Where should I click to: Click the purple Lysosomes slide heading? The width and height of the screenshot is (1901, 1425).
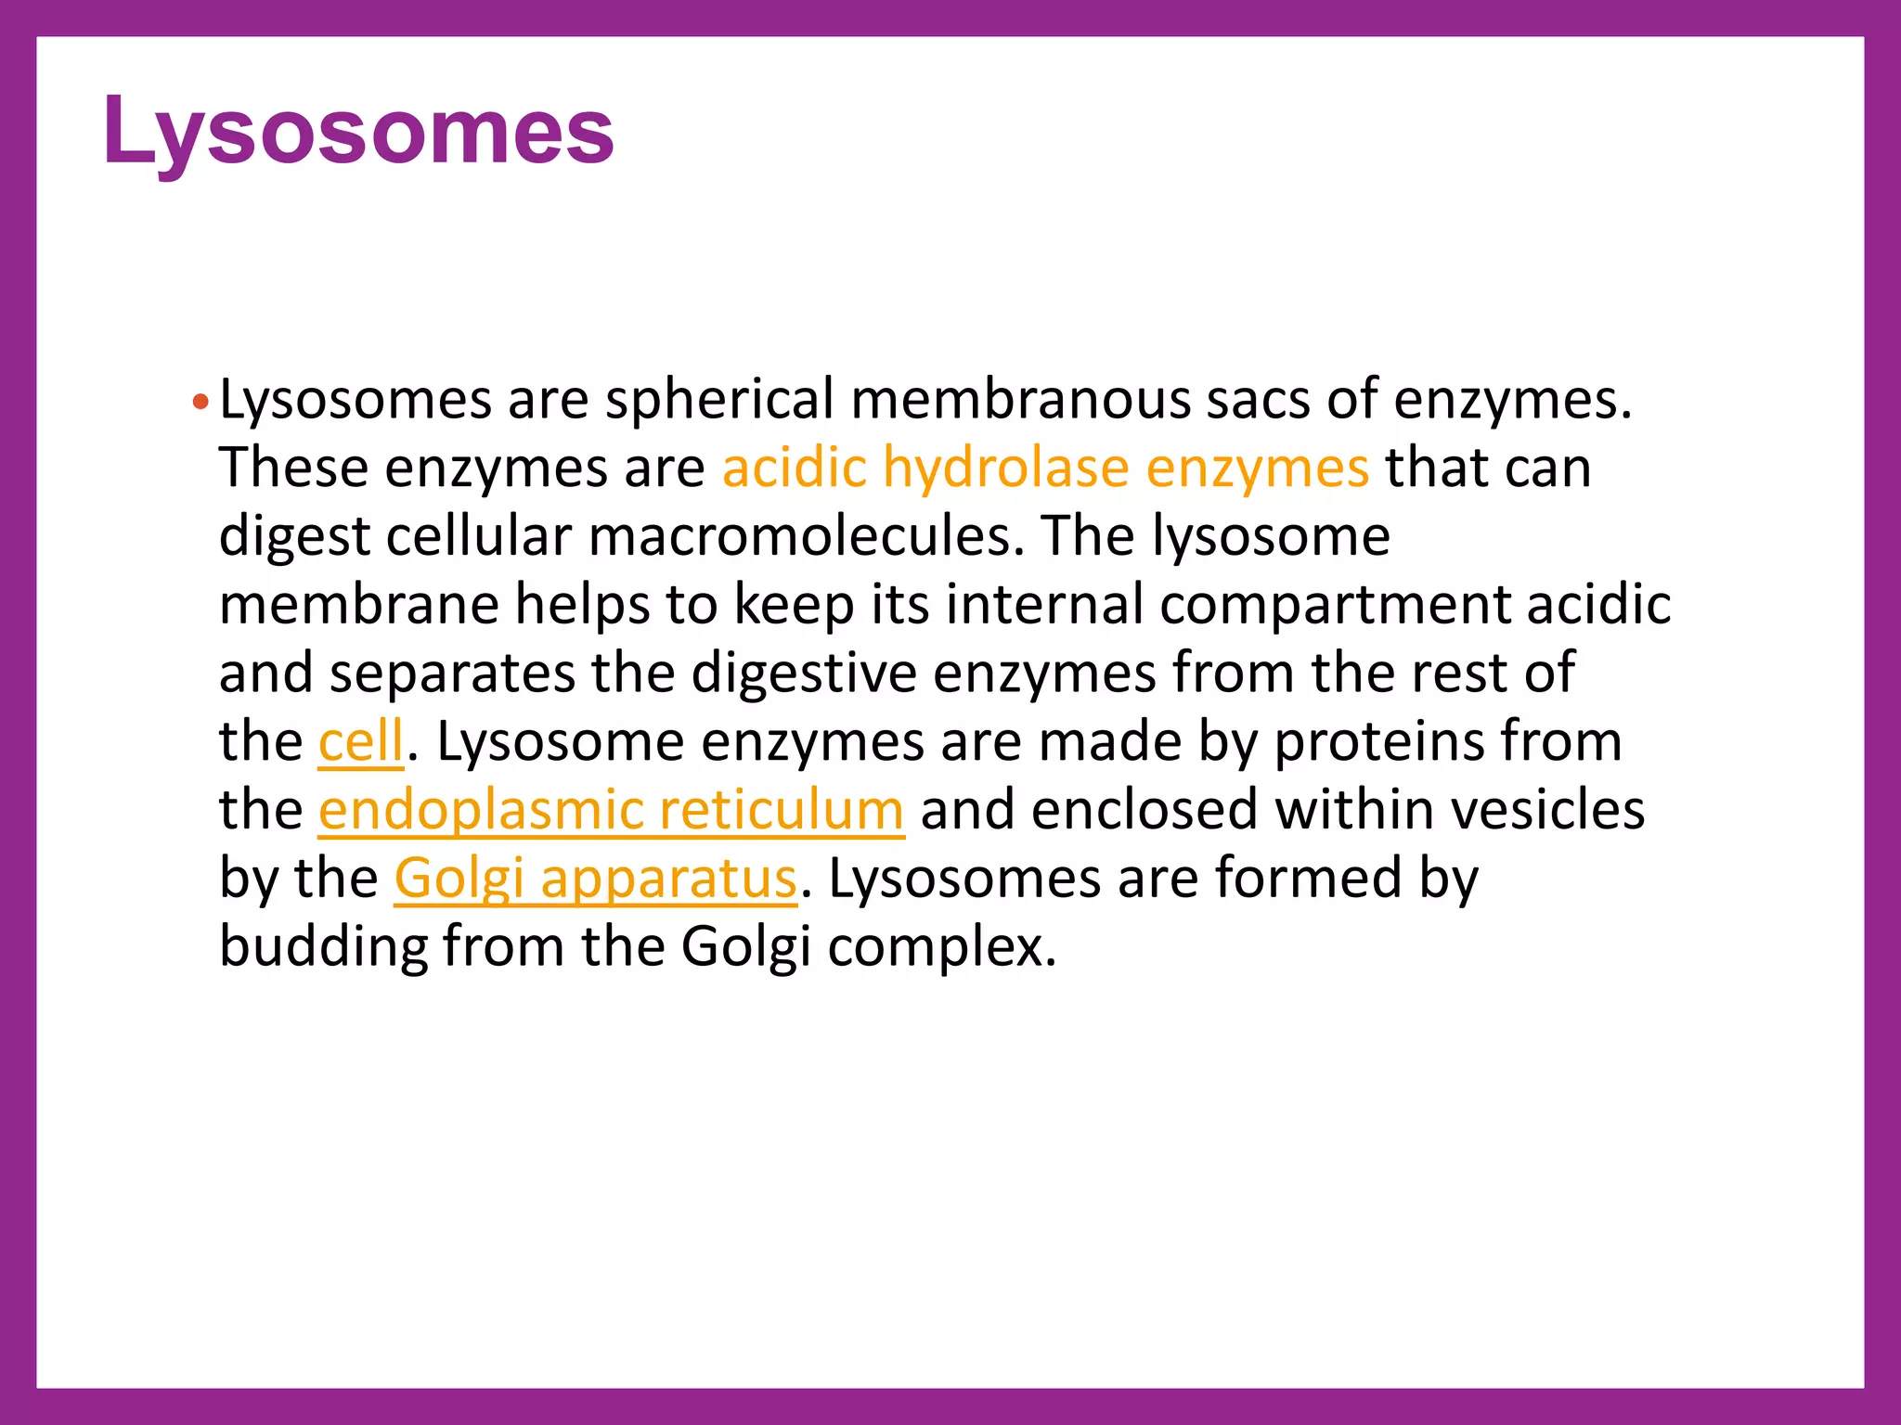[x=358, y=132]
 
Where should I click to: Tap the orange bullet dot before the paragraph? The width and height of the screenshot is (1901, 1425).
[x=200, y=404]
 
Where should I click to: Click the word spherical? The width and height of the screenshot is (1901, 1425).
[x=719, y=401]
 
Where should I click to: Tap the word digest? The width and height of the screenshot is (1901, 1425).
[x=294, y=538]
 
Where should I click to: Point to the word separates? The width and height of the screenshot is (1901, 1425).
[x=452, y=674]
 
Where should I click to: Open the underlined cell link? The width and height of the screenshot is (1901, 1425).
[x=361, y=742]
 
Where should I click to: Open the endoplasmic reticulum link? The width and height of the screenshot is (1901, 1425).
[x=611, y=811]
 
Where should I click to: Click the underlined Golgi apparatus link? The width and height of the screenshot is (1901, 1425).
[x=595, y=879]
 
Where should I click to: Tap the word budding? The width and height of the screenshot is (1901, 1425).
[x=321, y=948]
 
